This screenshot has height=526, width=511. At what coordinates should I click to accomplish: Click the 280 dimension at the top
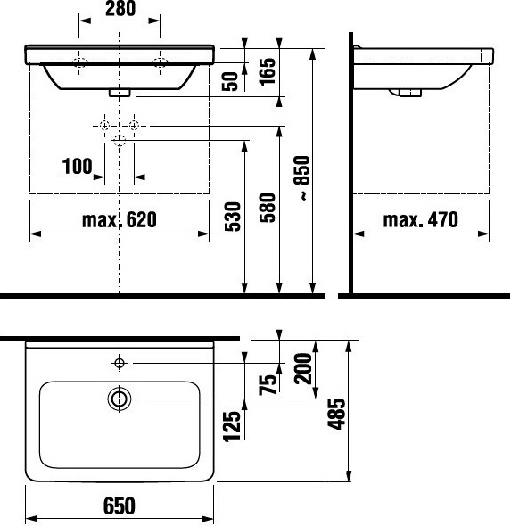(120, 11)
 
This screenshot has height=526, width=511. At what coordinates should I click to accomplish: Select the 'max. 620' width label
(120, 218)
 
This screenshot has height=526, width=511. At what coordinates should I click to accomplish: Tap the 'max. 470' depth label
(421, 218)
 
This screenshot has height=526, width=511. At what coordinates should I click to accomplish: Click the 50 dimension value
(232, 80)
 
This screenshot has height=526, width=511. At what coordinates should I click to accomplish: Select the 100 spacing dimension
(78, 165)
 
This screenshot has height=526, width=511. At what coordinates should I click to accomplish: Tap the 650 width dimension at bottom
(120, 505)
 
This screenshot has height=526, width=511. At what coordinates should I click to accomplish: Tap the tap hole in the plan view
(120, 362)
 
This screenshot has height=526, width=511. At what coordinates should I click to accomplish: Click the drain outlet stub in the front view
(120, 91)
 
